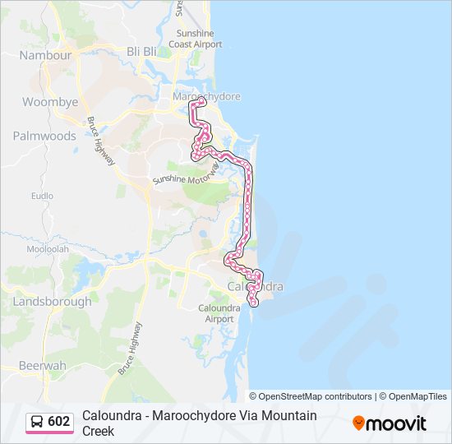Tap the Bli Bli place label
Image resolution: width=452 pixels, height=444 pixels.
click(141, 51)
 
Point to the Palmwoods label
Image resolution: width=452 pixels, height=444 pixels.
click(44, 136)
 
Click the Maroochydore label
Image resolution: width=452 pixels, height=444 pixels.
click(206, 96)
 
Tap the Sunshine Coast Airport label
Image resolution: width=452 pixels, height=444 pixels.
click(196, 39)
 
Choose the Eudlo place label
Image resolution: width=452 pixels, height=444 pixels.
click(42, 197)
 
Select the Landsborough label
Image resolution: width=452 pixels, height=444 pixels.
click(53, 302)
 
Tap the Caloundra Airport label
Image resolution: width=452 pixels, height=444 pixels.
click(219, 313)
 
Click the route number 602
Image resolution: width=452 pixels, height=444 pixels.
click(59, 422)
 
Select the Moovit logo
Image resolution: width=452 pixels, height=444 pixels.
click(390, 423)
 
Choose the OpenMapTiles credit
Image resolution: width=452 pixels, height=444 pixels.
click(414, 396)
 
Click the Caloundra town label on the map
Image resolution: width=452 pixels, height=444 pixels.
click(256, 287)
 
